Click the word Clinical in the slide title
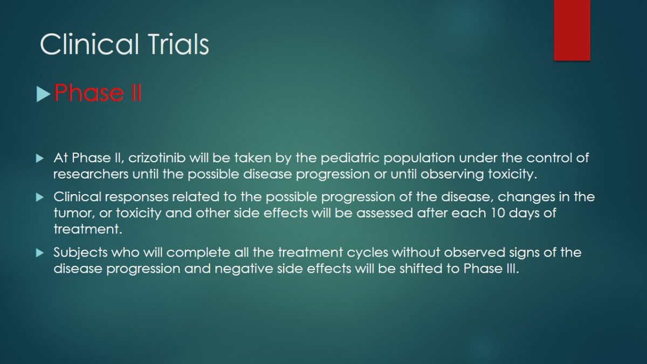click(x=89, y=44)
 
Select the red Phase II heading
click(x=98, y=93)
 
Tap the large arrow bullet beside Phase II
click(x=43, y=95)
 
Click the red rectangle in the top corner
click(x=572, y=30)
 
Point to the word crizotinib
click(x=157, y=158)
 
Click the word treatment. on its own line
click(x=88, y=229)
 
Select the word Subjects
click(x=80, y=253)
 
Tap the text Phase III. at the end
click(x=491, y=269)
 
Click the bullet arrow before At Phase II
click(x=40, y=159)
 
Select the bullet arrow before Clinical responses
click(x=40, y=197)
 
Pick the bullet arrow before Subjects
click(x=40, y=253)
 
